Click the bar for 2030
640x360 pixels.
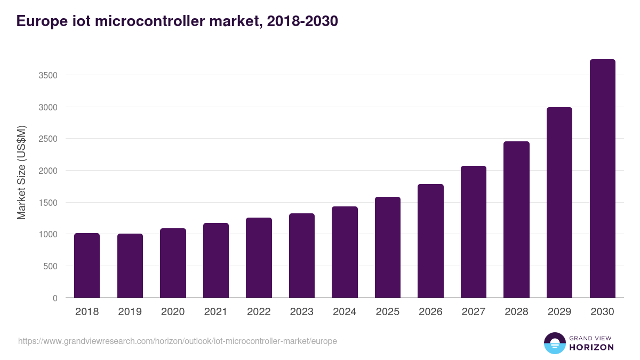point(602,179)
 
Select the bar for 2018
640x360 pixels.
point(87,266)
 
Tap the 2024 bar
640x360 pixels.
point(345,252)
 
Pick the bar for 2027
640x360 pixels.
point(474,232)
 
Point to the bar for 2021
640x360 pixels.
point(216,260)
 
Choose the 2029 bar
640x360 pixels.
point(559,203)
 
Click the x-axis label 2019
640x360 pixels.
point(130,311)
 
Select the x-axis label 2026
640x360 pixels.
point(430,311)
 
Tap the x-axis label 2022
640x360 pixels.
point(259,311)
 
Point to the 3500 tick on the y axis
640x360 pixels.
point(48,75)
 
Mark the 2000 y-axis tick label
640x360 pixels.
point(48,171)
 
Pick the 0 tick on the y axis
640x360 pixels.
point(55,298)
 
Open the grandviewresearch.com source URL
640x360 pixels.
point(178,341)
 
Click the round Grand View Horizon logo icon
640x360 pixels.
point(554,343)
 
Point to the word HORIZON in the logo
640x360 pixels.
point(591,347)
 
